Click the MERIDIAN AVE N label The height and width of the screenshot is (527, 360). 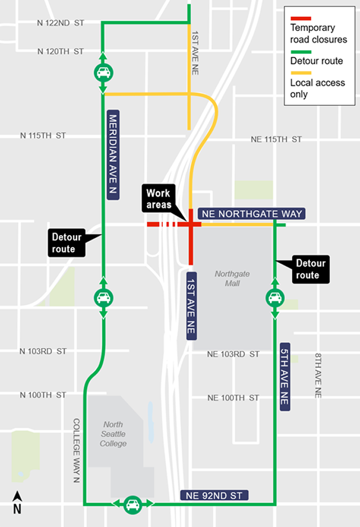(112, 156)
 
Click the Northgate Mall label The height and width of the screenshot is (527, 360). (229, 278)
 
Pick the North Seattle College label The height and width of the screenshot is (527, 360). (114, 434)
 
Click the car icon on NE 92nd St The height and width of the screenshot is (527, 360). (132, 504)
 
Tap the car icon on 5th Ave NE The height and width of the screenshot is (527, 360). (275, 298)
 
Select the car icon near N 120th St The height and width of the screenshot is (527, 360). (103, 72)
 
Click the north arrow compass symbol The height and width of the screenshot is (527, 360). (17, 502)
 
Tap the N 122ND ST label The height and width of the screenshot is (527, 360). (60, 23)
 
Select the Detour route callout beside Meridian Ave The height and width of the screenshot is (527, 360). (66, 243)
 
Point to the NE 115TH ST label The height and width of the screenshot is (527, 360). (276, 139)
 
